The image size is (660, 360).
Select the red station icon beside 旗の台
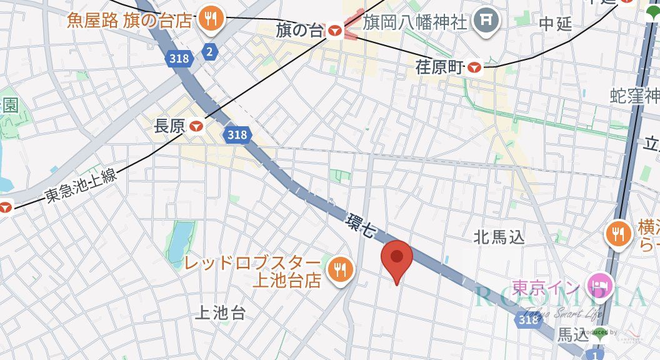click(x=335, y=29)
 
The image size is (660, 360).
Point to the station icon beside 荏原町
click(x=476, y=67)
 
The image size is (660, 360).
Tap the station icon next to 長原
click(x=197, y=126)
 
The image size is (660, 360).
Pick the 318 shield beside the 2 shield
click(x=178, y=58)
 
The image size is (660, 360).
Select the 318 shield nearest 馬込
click(x=529, y=319)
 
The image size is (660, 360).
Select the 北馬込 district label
click(x=499, y=237)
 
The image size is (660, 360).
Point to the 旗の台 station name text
click(x=301, y=29)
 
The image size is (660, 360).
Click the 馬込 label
click(x=572, y=335)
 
